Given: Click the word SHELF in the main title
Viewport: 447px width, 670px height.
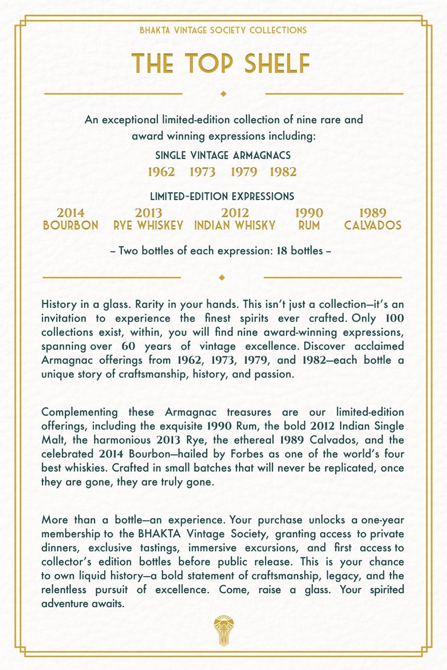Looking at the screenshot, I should click(x=278, y=64).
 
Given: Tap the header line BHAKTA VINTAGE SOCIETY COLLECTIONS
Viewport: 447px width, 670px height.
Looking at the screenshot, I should click(x=223, y=30).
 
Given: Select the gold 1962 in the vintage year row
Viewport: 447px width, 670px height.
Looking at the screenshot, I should click(x=161, y=172).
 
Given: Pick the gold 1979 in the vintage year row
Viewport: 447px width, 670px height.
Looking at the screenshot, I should click(x=244, y=172).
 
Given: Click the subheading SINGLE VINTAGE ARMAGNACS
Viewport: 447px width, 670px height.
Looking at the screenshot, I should click(x=223, y=155).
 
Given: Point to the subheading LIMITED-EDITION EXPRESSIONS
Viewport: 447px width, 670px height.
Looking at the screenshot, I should click(x=222, y=197).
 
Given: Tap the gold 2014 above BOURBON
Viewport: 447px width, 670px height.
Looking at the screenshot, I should click(x=71, y=213).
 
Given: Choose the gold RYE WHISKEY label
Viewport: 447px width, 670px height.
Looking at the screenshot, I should click(x=148, y=226).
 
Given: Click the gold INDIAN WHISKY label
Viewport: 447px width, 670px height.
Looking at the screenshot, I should click(x=235, y=226).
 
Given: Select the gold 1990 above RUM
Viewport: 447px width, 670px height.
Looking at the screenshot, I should click(x=309, y=213).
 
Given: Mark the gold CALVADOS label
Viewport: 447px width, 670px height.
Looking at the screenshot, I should click(x=373, y=226).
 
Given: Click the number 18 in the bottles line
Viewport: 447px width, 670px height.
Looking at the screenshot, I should click(x=282, y=251).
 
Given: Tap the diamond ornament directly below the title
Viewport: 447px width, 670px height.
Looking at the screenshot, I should click(x=223, y=94).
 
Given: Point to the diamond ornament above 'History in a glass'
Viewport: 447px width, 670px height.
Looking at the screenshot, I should click(x=222, y=277).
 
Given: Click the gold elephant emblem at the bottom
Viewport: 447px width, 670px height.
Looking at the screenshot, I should click(x=223, y=631).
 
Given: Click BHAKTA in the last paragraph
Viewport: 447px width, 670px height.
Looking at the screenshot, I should click(x=159, y=534).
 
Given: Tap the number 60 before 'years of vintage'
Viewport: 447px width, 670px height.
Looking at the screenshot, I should click(x=128, y=346).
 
